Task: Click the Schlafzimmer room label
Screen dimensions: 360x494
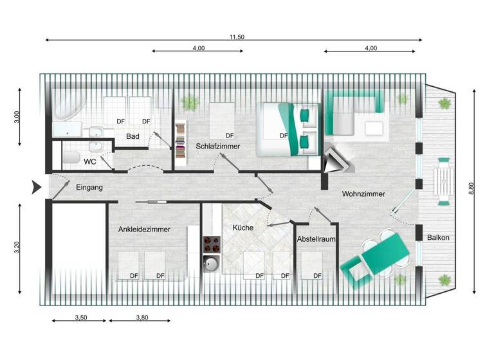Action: [218, 147]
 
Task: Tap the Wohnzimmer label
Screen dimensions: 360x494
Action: [363, 194]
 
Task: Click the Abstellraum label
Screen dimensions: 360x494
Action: [316, 239]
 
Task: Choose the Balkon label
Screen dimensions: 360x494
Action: [438, 238]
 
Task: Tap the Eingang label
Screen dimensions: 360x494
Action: [89, 188]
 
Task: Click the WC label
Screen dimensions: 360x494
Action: [90, 162]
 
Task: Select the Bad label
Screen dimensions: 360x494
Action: [133, 136]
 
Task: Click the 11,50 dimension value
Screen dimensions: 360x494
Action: [237, 37]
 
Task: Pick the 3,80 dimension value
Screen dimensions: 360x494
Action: [142, 317]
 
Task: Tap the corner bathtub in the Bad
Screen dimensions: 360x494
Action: [68, 106]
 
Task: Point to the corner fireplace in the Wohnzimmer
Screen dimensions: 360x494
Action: [336, 159]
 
